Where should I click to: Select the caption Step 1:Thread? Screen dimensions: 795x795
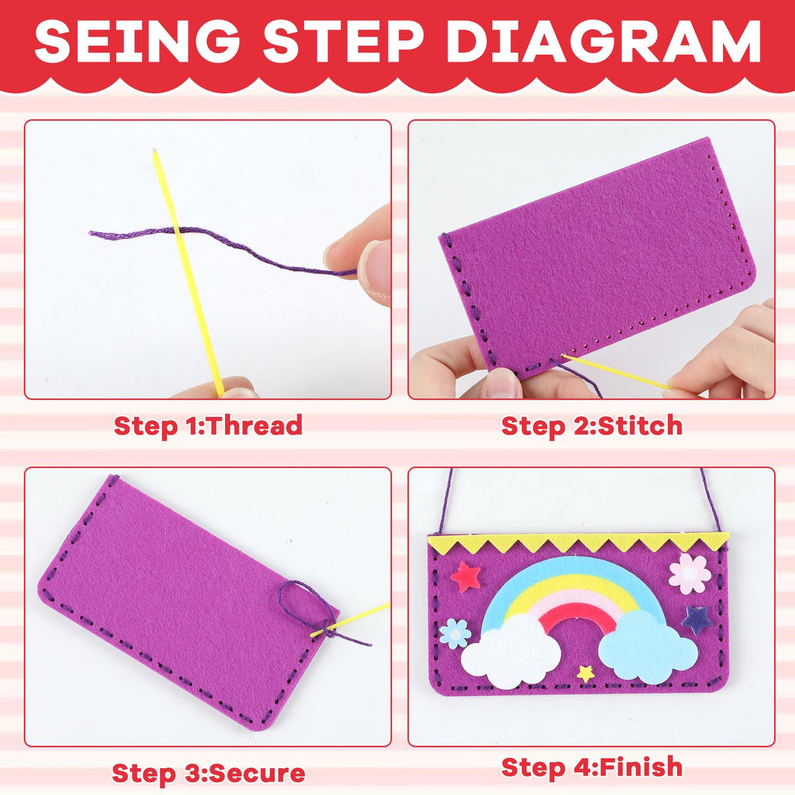208,426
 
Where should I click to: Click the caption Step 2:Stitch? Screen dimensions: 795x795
591,426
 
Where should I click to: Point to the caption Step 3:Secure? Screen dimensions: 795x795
208,773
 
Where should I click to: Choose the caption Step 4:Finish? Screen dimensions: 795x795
591,767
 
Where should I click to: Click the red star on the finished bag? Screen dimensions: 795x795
466,576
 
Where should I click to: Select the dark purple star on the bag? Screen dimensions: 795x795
695,619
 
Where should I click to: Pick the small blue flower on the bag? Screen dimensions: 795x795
454,633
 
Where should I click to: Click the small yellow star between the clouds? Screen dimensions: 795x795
585,673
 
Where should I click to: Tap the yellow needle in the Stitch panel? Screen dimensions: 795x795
616,372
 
